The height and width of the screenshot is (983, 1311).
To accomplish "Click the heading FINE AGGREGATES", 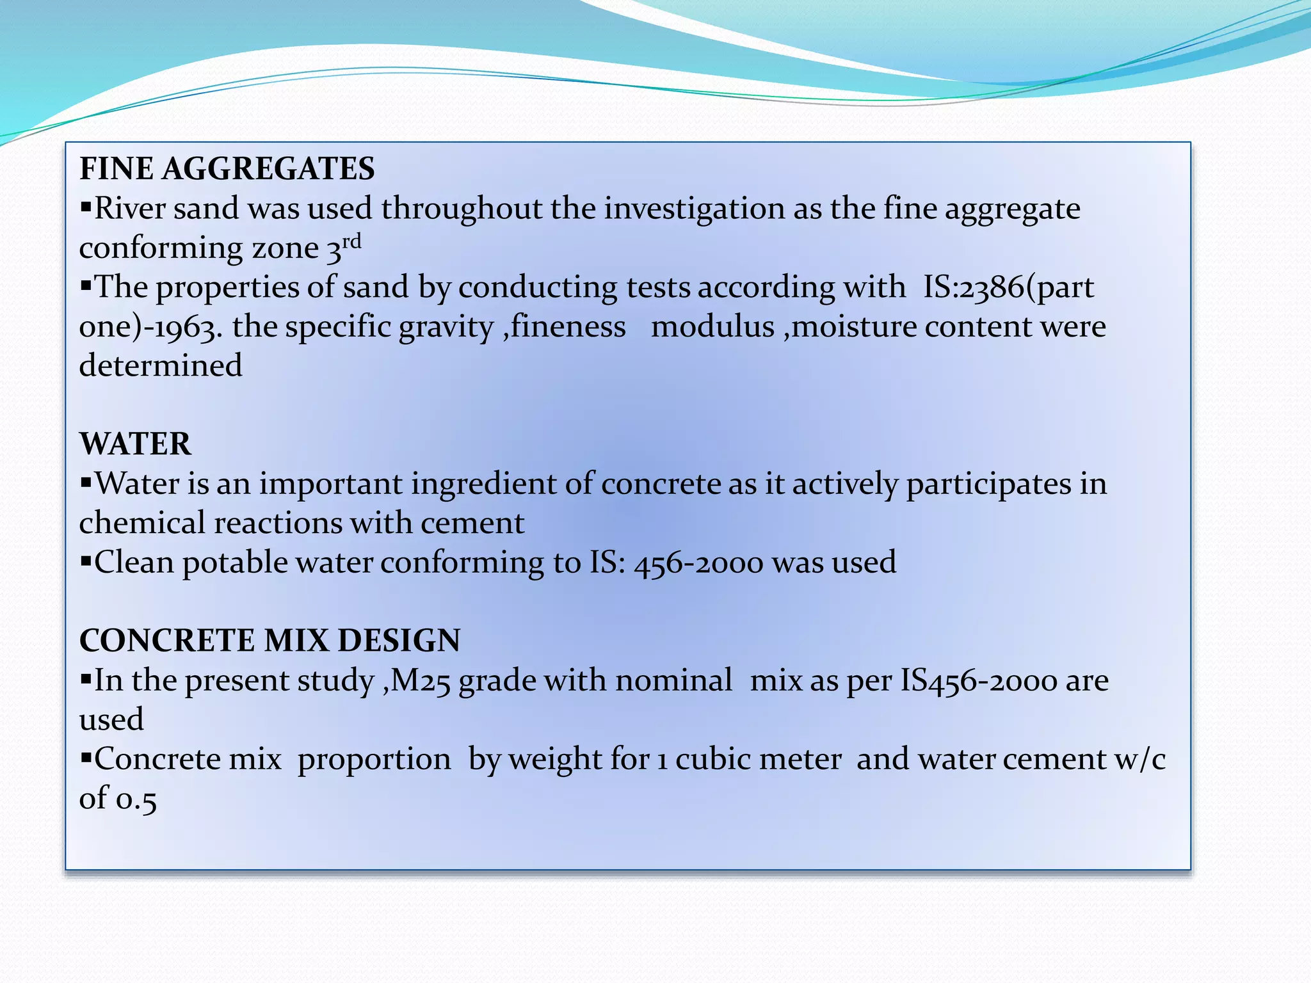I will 227,169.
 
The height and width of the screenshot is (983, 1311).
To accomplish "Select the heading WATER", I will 135,444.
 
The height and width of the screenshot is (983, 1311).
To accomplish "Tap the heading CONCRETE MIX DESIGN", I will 269,641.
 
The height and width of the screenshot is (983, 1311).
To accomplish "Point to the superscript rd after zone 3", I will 351,243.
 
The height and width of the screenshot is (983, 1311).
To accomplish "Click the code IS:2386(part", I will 1008,287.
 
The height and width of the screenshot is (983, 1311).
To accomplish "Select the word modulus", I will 712,327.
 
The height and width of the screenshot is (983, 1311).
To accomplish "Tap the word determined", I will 161,366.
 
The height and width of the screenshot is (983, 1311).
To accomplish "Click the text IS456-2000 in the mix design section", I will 979,681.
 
